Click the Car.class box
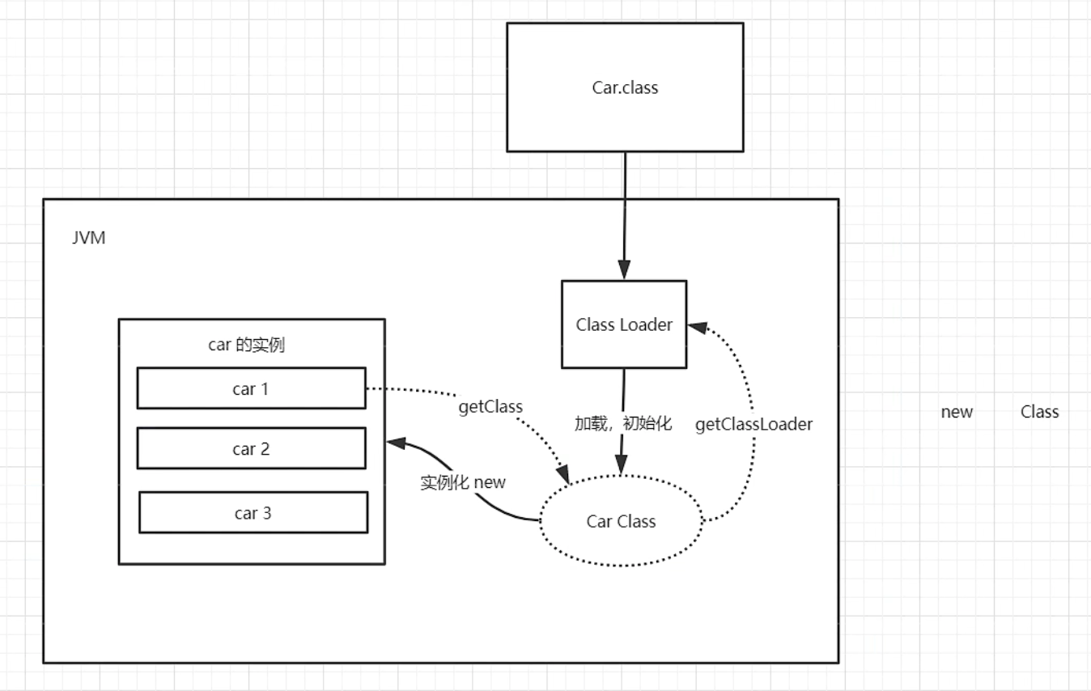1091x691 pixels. tap(625, 87)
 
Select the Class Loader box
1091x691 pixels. tap(624, 324)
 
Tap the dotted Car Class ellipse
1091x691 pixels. tap(621, 522)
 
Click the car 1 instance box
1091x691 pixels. tap(251, 388)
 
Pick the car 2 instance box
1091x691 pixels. tap(251, 449)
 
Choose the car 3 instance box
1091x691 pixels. tap(253, 513)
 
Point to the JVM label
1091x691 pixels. tap(88, 240)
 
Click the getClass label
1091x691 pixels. tap(490, 406)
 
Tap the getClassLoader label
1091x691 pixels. tap(754, 424)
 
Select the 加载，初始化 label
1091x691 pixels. tap(622, 423)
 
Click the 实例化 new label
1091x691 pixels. tap(463, 482)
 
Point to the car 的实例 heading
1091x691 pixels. tap(247, 345)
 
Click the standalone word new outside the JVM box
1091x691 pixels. tap(957, 412)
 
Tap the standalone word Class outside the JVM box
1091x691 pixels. tap(1039, 412)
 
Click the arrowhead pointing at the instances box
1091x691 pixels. tap(396, 443)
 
